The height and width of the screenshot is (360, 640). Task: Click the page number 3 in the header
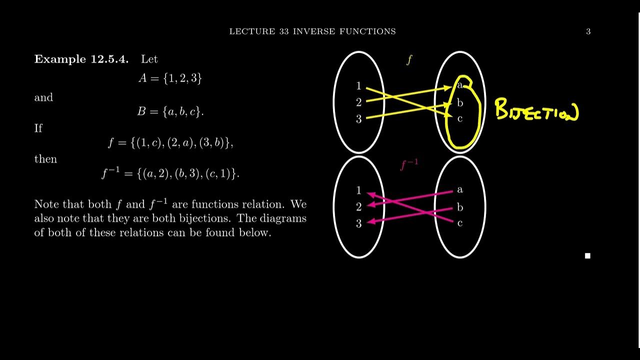pyautogui.click(x=588, y=31)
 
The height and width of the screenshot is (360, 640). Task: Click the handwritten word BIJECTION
pyautogui.click(x=536, y=110)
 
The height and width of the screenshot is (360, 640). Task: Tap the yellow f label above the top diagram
pyautogui.click(x=409, y=60)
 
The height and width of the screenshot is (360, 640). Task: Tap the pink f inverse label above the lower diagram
pyautogui.click(x=409, y=164)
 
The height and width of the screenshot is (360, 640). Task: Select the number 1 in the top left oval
pyautogui.click(x=358, y=86)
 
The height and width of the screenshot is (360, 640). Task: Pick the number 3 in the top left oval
pyautogui.click(x=358, y=119)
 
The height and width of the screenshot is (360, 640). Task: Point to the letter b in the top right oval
pyautogui.click(x=460, y=103)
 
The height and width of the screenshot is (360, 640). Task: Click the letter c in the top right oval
pyautogui.click(x=460, y=119)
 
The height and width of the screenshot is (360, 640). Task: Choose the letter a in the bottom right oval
pyautogui.click(x=460, y=190)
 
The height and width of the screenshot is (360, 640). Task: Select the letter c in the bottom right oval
pyautogui.click(x=460, y=223)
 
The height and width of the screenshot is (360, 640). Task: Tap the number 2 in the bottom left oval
pyautogui.click(x=358, y=207)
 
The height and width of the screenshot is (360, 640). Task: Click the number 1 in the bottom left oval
pyautogui.click(x=358, y=190)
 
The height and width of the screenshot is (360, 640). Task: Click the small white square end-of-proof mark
pyautogui.click(x=587, y=256)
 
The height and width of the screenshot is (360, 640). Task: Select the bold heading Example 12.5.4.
pyautogui.click(x=81, y=59)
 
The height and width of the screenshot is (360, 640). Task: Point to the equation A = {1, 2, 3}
pyautogui.click(x=170, y=78)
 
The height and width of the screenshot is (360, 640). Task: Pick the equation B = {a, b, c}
pyautogui.click(x=170, y=111)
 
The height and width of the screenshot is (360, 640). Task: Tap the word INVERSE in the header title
pyautogui.click(x=313, y=31)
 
